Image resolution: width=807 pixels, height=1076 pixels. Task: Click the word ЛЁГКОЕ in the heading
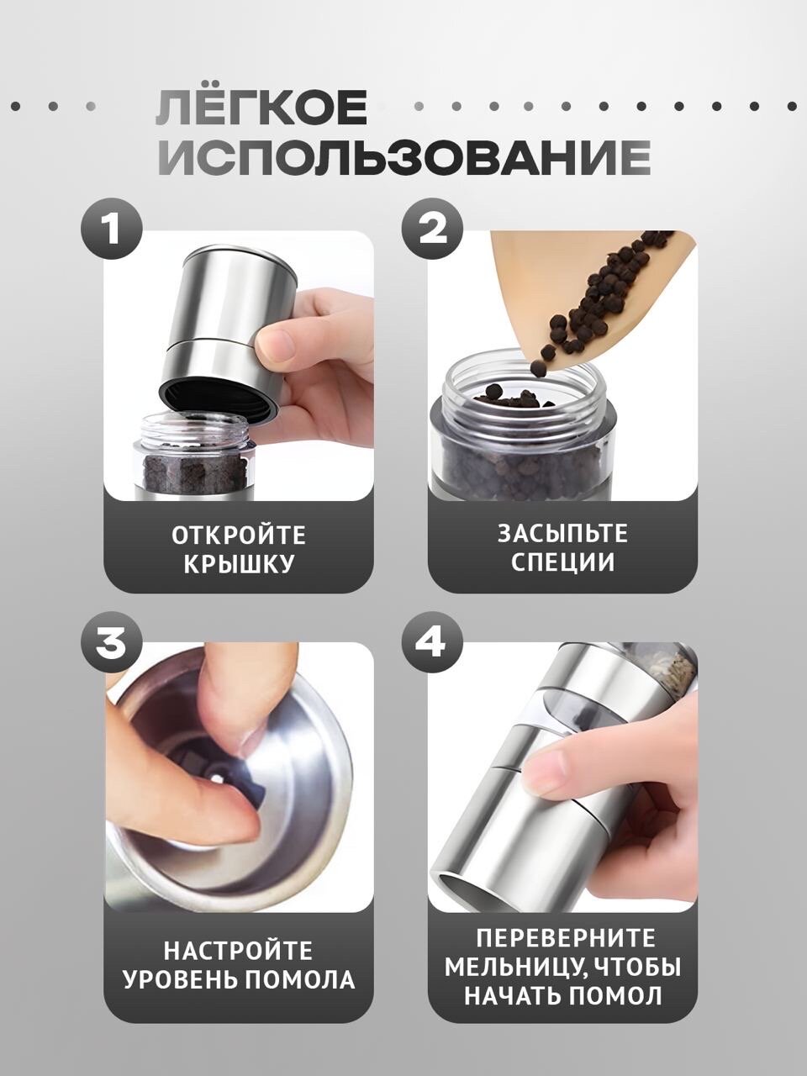(261, 108)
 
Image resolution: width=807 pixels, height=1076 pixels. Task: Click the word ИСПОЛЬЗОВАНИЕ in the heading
(404, 158)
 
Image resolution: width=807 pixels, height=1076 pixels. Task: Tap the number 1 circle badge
(112, 229)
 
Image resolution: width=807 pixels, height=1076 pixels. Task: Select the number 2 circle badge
(433, 229)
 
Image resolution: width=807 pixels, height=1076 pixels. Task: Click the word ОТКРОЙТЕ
(239, 535)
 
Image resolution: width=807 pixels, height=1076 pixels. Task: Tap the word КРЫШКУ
(239, 564)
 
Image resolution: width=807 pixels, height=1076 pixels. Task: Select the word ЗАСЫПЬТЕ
(563, 533)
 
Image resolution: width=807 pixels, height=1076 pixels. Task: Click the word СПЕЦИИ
(563, 562)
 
